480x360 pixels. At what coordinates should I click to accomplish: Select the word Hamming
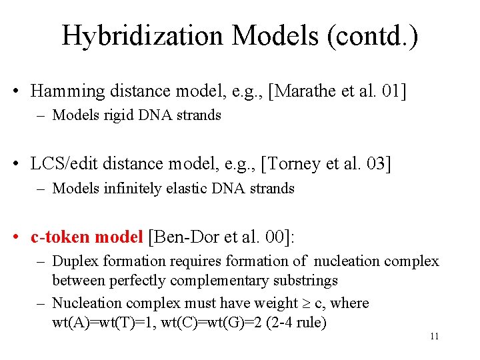point(65,91)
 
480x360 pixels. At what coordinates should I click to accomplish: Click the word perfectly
point(137,281)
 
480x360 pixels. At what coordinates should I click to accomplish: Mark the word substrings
point(304,281)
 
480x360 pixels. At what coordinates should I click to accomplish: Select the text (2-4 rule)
point(293,324)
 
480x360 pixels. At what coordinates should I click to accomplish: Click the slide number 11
point(434,337)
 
